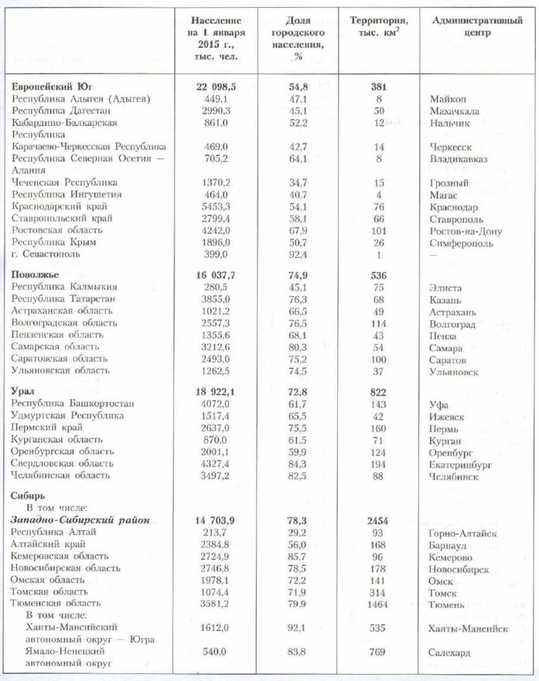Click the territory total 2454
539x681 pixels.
click(x=377, y=521)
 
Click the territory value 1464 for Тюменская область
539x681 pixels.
click(x=377, y=604)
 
